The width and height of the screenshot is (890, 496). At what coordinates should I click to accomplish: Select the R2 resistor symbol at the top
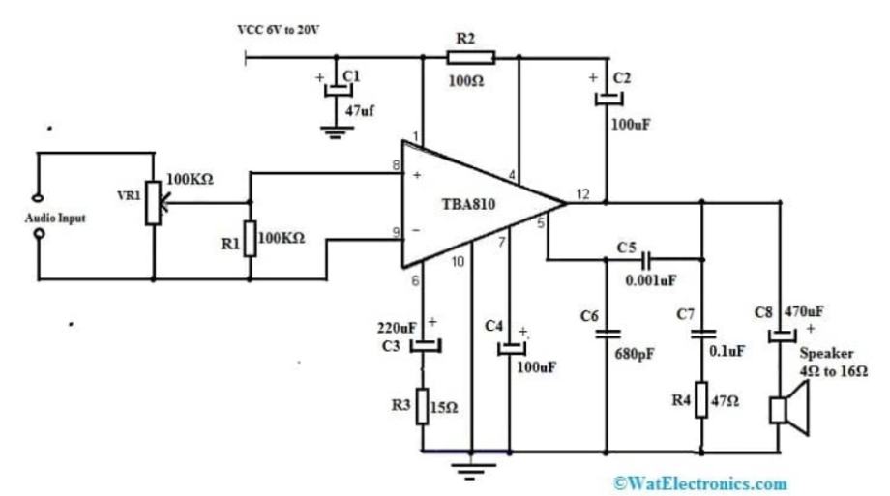[x=471, y=58]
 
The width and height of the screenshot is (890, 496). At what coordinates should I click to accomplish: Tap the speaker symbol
[x=786, y=409]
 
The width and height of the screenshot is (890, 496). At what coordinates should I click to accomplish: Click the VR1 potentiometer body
[x=153, y=202]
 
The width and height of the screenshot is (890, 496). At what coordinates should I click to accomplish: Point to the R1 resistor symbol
[x=250, y=239]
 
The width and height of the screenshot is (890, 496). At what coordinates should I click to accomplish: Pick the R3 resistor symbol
[x=423, y=406]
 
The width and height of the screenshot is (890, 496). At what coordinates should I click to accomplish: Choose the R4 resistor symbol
[x=703, y=399]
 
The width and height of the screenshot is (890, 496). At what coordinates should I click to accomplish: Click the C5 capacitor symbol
[x=645, y=259]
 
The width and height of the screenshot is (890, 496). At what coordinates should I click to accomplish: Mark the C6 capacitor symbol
[x=608, y=335]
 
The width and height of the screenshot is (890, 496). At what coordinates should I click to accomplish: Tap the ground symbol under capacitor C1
[x=336, y=132]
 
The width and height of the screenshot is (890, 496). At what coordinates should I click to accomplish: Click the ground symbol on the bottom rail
[x=471, y=472]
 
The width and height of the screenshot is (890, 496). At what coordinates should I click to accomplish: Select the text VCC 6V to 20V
[x=279, y=30]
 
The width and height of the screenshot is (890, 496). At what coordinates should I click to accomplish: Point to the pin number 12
[x=581, y=193]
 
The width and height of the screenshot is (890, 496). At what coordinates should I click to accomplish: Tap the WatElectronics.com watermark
[x=700, y=482]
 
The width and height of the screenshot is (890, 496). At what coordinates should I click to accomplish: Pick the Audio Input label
[x=55, y=219]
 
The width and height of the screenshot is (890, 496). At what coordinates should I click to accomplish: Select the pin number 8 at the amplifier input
[x=396, y=166]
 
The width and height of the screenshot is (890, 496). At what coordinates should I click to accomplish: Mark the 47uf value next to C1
[x=360, y=112]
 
